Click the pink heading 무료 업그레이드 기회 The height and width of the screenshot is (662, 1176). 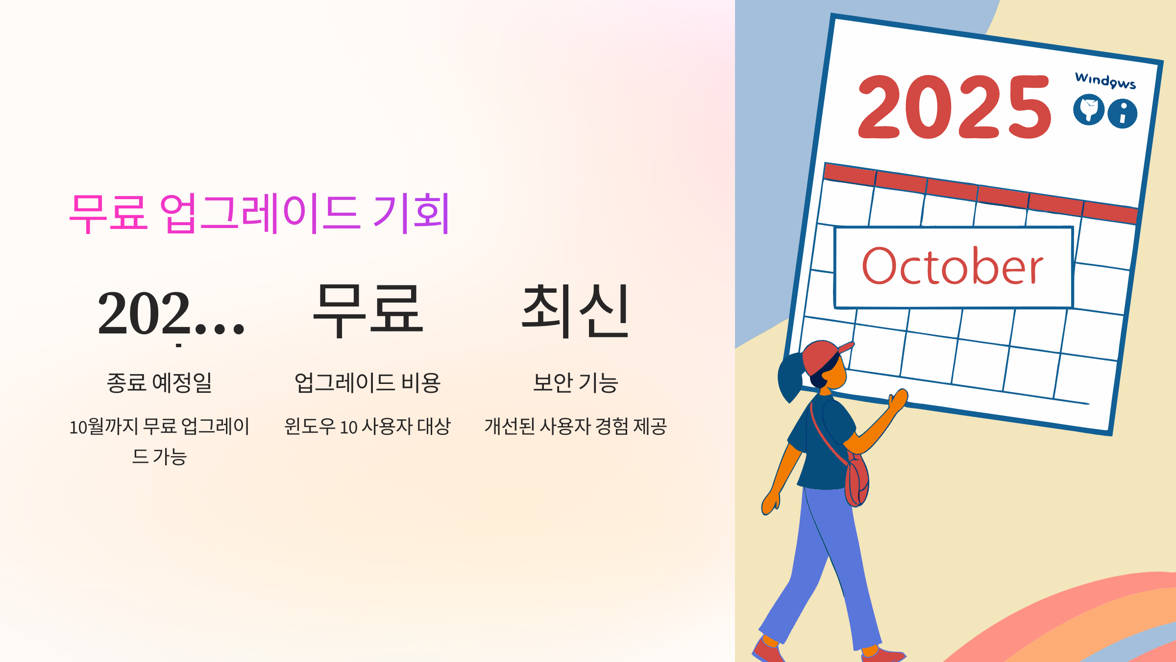[x=259, y=213]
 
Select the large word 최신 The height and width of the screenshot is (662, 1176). [x=575, y=311]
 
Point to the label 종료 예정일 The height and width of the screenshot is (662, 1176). [x=159, y=382]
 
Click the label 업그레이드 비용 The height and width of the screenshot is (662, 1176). [x=367, y=382]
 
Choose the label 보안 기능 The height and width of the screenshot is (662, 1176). [x=575, y=382]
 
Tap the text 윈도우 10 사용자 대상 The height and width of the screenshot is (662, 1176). [x=367, y=426]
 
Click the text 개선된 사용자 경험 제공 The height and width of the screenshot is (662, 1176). [x=575, y=426]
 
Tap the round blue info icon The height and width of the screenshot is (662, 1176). [x=1123, y=114]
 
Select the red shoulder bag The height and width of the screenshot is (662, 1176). [x=857, y=483]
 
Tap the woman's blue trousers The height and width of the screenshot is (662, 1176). [x=828, y=564]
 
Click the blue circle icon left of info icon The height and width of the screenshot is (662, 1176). [x=1088, y=109]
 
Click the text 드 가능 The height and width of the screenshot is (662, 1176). [x=159, y=457]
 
